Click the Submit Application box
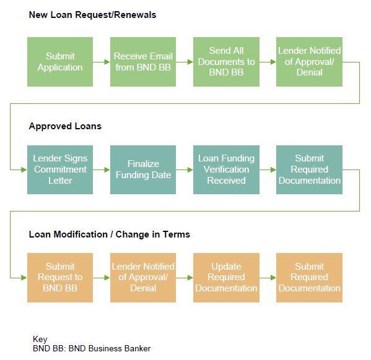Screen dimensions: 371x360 (60, 62)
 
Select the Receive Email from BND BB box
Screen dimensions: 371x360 (143, 62)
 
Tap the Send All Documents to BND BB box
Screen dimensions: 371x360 (226, 62)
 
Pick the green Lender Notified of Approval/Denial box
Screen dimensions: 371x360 (309, 62)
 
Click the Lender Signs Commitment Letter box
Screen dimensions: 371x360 (60, 169)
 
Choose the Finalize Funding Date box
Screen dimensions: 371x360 (143, 169)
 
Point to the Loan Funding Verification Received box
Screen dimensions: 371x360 (226, 169)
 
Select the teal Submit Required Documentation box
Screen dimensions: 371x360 (309, 169)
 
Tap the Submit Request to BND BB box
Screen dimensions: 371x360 (60, 278)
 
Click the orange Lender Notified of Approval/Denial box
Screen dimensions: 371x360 (143, 278)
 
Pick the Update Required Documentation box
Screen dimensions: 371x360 (226, 278)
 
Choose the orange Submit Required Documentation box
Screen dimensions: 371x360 (309, 278)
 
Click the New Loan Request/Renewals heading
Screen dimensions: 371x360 (92, 15)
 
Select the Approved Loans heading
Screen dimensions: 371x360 (65, 126)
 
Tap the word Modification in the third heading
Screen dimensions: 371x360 (81, 234)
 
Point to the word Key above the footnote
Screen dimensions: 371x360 (40, 339)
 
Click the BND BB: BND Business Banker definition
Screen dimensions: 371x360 (92, 348)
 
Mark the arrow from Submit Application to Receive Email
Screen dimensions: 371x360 (102, 62)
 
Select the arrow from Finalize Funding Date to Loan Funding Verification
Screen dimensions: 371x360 (185, 169)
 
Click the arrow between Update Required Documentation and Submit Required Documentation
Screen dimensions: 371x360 (268, 278)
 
